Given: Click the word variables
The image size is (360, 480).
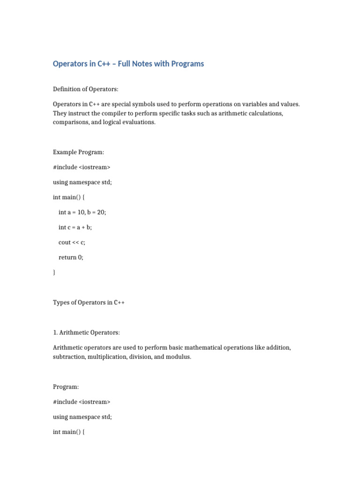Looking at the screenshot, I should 253,104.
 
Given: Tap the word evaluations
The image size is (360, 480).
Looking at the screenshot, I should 139,122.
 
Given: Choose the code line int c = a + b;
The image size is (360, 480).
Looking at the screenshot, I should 75,227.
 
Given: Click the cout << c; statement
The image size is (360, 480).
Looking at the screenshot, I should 72,242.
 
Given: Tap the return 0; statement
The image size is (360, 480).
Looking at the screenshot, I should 71,257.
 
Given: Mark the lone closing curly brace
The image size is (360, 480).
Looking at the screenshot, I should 54,272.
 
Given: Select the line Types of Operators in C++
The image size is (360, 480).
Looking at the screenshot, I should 89,302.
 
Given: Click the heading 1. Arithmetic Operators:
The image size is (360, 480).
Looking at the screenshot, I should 87,332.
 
